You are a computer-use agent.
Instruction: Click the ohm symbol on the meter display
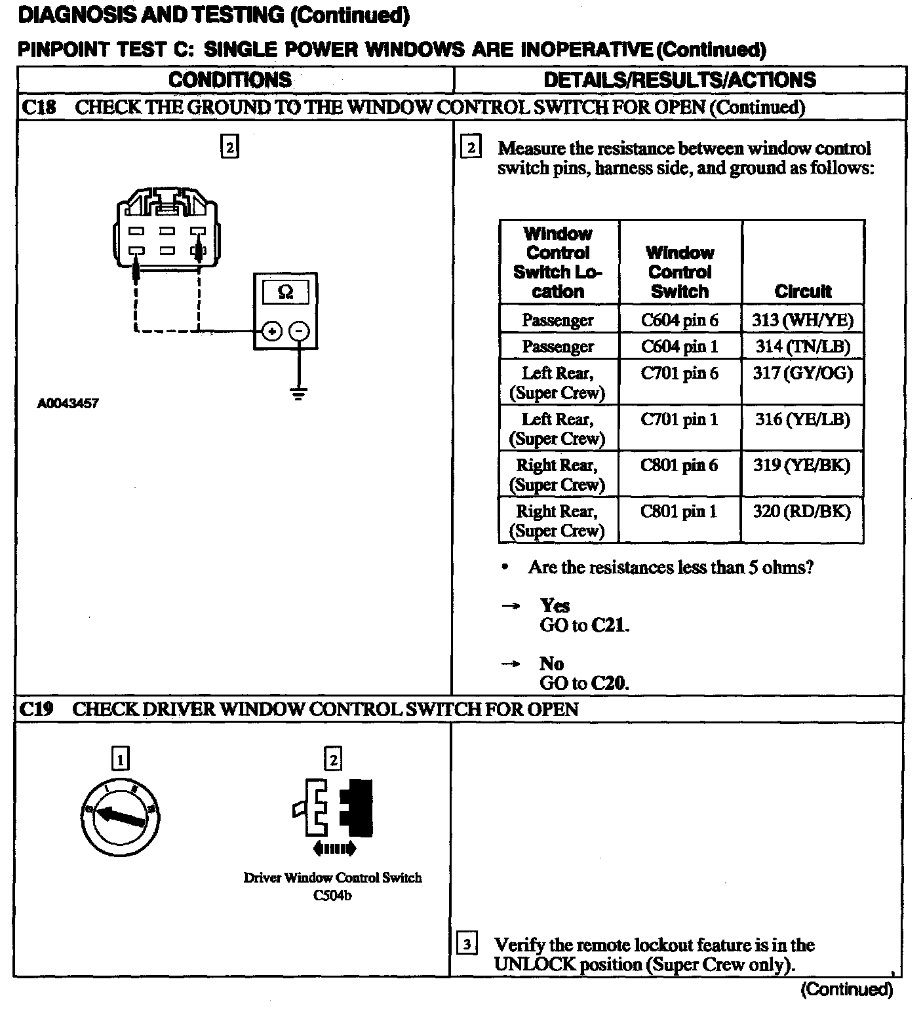coord(286,292)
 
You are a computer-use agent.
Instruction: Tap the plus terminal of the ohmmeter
coord(271,332)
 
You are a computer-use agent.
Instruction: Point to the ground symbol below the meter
coord(299,393)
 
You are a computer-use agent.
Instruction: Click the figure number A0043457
coord(68,404)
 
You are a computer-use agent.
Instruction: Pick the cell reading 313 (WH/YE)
coord(802,320)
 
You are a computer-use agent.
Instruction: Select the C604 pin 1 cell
coord(680,346)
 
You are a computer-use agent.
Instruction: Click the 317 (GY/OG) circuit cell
coord(802,373)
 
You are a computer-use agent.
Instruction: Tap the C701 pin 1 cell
coord(680,419)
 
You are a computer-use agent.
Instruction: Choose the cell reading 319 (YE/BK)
coord(802,465)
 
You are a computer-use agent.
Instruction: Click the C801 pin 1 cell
coord(680,511)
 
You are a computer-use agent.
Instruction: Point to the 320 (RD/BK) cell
coord(802,511)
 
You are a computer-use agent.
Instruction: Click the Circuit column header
coord(802,291)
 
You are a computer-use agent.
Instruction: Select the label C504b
coord(332,895)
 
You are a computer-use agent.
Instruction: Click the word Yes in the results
coord(555,605)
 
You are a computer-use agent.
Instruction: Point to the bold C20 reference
coord(609,683)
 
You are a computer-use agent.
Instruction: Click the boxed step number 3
coord(466,944)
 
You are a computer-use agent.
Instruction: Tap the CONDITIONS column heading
coord(230,80)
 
